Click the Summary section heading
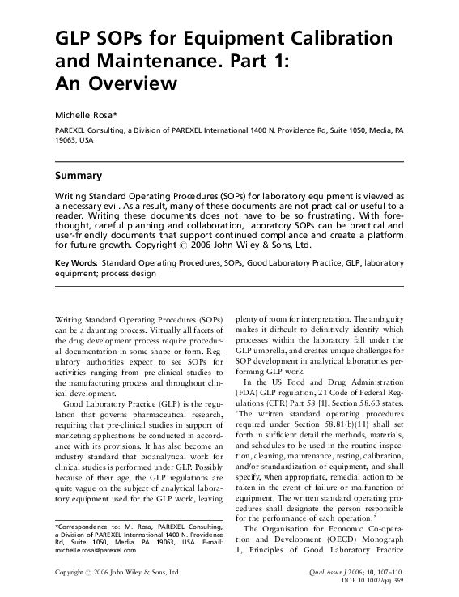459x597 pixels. click(x=78, y=175)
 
